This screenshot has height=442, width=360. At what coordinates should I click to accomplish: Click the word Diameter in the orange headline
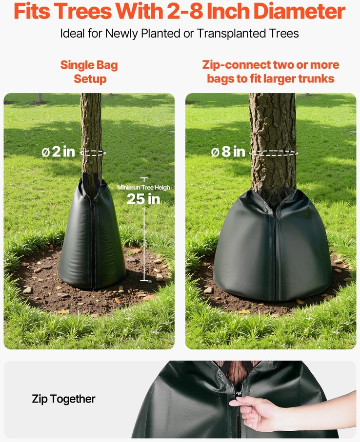point(299,11)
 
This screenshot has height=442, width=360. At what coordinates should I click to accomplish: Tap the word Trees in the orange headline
point(82,11)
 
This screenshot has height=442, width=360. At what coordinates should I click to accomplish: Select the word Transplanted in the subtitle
point(231,34)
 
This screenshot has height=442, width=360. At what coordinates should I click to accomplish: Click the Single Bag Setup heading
point(89,72)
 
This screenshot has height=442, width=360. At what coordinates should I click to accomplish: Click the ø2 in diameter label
point(58,152)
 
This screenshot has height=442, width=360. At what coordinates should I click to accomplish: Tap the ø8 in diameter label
point(228,152)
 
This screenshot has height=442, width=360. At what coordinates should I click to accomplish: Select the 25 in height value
point(143,199)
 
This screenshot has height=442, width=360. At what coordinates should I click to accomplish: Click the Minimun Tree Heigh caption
point(143,188)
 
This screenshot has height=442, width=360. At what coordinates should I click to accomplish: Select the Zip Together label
point(63,399)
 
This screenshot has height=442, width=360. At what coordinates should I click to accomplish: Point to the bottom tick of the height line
point(144,281)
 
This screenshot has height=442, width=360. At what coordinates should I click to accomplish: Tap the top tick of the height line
point(144,178)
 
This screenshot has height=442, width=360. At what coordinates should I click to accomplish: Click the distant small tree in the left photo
point(40,98)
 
